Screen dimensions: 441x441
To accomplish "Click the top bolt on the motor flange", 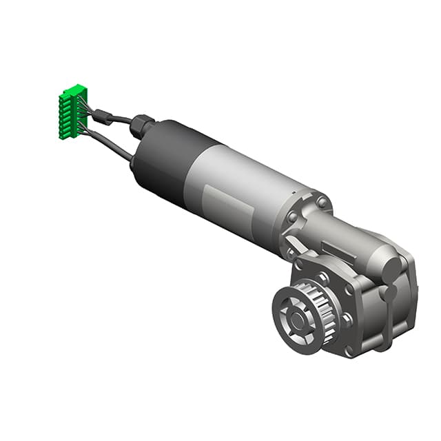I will click(x=322, y=202).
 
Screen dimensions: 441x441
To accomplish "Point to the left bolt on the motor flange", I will click(x=293, y=217).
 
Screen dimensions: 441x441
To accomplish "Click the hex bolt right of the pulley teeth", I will click(x=347, y=319).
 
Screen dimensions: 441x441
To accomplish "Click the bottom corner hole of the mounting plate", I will click(x=349, y=351).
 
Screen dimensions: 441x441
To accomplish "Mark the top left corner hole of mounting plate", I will click(x=298, y=264).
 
